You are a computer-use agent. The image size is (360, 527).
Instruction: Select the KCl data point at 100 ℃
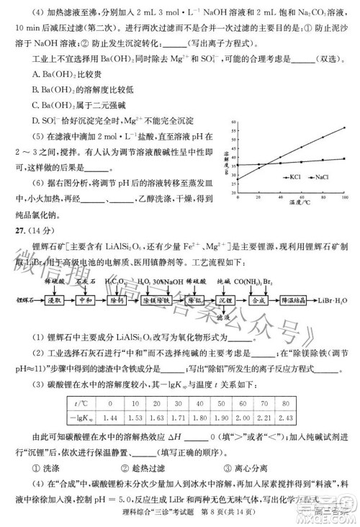click(345, 128)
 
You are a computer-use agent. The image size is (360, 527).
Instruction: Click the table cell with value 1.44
click(110, 417)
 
